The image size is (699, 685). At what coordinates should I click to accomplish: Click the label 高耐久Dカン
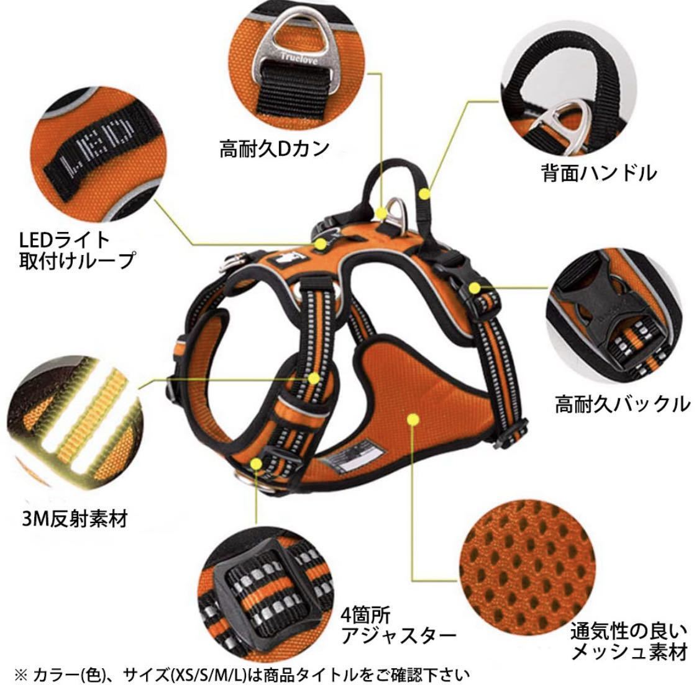pyautogui.click(x=275, y=149)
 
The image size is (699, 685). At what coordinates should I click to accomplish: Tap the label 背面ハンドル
pyautogui.click(x=599, y=172)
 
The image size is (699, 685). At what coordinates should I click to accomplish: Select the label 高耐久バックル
pyautogui.click(x=623, y=405)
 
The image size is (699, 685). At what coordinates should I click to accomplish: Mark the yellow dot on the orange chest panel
pyautogui.click(x=413, y=419)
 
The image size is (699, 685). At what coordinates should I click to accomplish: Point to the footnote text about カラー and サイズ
pyautogui.click(x=242, y=675)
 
